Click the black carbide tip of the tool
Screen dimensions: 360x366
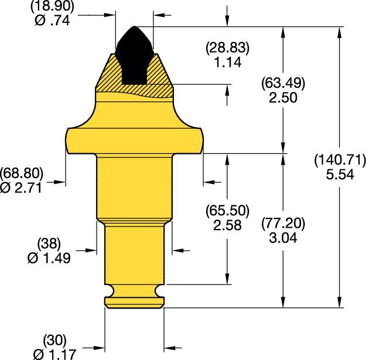[134, 53]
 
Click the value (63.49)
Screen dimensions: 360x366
[283, 84]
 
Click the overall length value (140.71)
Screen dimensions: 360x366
[340, 159]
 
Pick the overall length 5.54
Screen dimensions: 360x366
[340, 173]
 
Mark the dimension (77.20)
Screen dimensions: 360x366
[283, 224]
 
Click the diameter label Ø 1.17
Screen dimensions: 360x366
[56, 353]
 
